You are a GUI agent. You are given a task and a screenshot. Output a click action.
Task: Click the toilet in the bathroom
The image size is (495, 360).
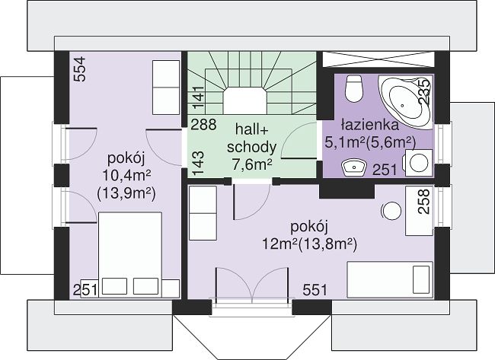pyautogui.click(x=353, y=88)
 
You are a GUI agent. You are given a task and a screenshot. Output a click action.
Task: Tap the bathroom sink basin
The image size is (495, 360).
pyautogui.click(x=354, y=167)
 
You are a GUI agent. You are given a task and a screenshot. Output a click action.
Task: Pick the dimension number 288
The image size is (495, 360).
pyautogui.click(x=203, y=125)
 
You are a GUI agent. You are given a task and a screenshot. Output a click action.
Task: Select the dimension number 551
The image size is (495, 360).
pyautogui.click(x=315, y=290)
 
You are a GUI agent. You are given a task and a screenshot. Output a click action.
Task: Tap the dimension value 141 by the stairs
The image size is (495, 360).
pyautogui.click(x=199, y=98)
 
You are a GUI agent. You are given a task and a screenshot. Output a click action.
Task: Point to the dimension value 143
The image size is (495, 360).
pyautogui.click(x=198, y=164)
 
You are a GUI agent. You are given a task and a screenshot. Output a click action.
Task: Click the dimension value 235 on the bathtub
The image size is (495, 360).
pyautogui.click(x=423, y=91)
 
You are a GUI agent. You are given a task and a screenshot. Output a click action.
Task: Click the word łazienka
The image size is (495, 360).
pyautogui.click(x=369, y=125)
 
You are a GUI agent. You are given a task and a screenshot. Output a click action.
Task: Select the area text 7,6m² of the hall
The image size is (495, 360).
pyautogui.click(x=251, y=164)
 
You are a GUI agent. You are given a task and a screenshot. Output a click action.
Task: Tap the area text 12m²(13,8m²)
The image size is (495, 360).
pyautogui.click(x=309, y=244)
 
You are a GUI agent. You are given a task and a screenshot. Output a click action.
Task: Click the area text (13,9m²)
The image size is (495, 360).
pyautogui.click(x=126, y=194)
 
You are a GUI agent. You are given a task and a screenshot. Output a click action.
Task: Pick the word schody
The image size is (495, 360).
pyautogui.click(x=251, y=148)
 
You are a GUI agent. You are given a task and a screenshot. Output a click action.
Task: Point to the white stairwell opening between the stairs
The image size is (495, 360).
pyautogui.click(x=245, y=101)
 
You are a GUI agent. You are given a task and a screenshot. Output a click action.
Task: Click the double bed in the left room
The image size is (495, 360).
pyautogui.click(x=130, y=255)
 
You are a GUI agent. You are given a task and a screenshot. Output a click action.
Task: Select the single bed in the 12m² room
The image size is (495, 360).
pyautogui.click(x=390, y=279)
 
